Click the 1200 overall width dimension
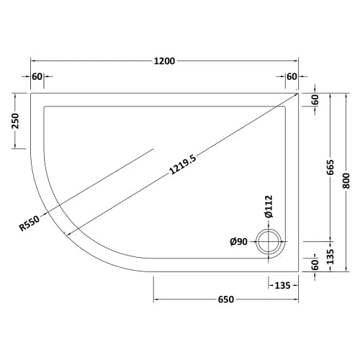tap(165, 62)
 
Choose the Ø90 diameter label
tap(239, 242)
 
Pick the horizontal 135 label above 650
tap(282, 286)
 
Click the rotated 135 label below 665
tap(330, 255)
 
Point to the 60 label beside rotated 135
tap(315, 265)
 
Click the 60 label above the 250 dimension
tap(37, 77)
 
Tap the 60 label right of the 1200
tap(292, 77)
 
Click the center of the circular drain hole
tap(271, 240)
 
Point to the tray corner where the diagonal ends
tap(298, 92)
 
